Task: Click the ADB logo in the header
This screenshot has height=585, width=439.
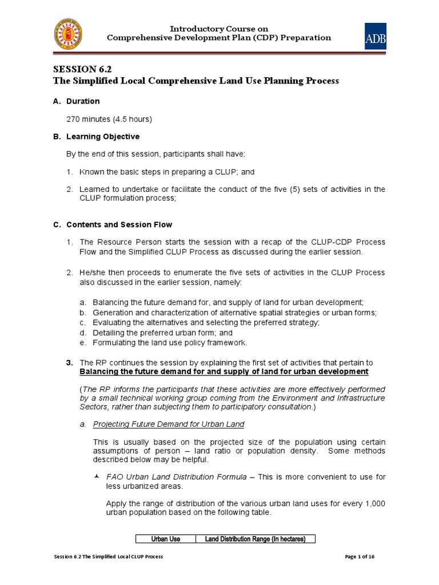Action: (x=376, y=36)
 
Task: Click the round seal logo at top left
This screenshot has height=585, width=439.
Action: (x=67, y=34)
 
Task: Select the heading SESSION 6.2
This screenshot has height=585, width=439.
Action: (x=79, y=69)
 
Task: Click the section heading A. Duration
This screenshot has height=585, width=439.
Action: (x=77, y=101)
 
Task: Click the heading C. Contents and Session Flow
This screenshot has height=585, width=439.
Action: (x=113, y=225)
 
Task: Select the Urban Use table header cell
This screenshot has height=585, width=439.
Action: (x=165, y=539)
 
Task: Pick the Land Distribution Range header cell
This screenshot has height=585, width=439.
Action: (x=256, y=539)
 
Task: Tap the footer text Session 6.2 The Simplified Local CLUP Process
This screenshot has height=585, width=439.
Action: (x=109, y=556)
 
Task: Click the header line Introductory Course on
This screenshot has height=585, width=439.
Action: (x=219, y=29)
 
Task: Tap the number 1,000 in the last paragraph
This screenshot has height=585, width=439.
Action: (x=375, y=503)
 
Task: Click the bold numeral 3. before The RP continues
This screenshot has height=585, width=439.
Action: (x=70, y=363)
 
